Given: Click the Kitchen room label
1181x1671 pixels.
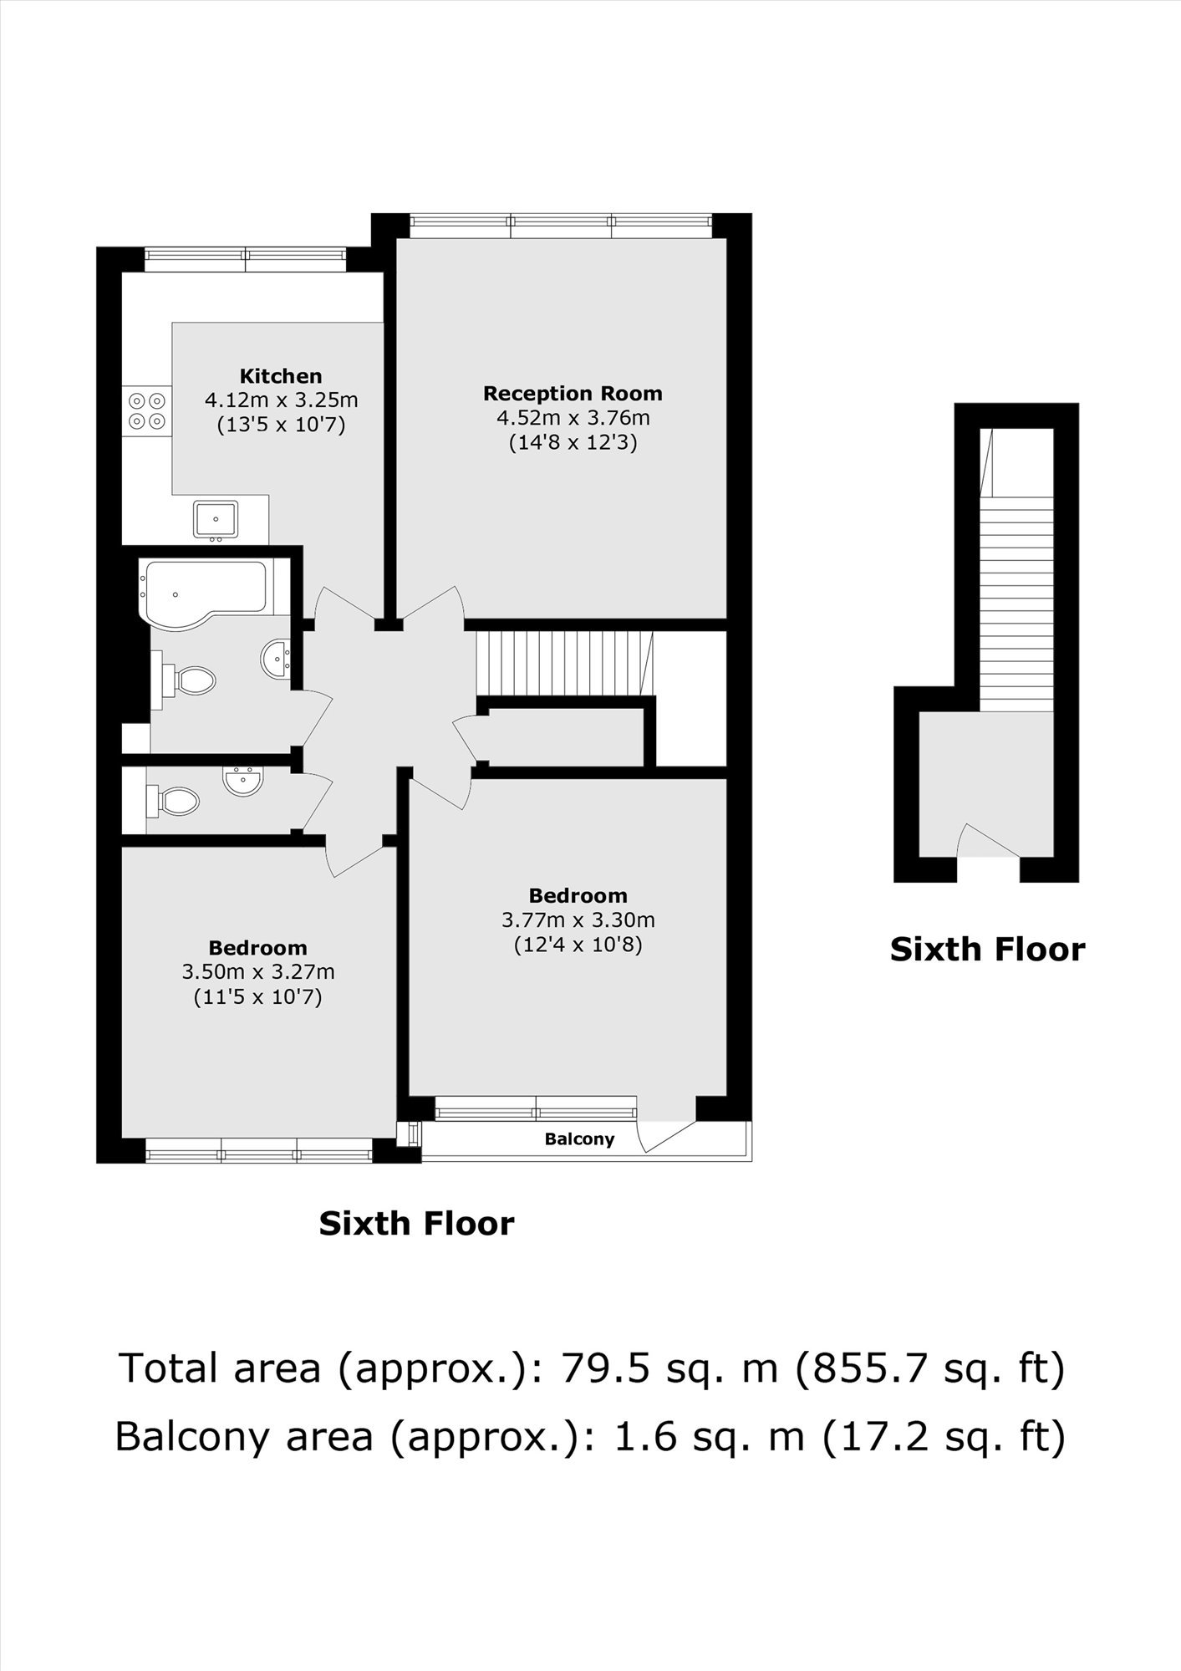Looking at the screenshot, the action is point(281,376).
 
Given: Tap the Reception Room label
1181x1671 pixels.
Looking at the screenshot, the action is point(573,393).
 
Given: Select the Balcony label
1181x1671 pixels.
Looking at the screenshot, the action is point(579,1139).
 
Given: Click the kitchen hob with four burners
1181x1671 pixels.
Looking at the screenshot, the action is point(146,410).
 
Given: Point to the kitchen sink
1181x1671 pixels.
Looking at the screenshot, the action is point(216,519).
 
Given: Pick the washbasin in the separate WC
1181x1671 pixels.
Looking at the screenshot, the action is point(243,780).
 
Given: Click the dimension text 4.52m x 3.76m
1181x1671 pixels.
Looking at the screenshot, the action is point(573,417).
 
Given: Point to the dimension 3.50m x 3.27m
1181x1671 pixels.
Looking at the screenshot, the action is point(258,971).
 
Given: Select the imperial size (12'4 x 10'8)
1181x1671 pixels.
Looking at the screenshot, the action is point(578,945).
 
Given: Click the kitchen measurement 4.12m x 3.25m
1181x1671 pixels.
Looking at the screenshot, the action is point(281,400).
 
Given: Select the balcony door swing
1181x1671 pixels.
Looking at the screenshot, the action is point(664,1135).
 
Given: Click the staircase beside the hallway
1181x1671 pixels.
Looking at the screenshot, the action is point(564,663).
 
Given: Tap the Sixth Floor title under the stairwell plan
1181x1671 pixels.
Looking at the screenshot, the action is point(987,950).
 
